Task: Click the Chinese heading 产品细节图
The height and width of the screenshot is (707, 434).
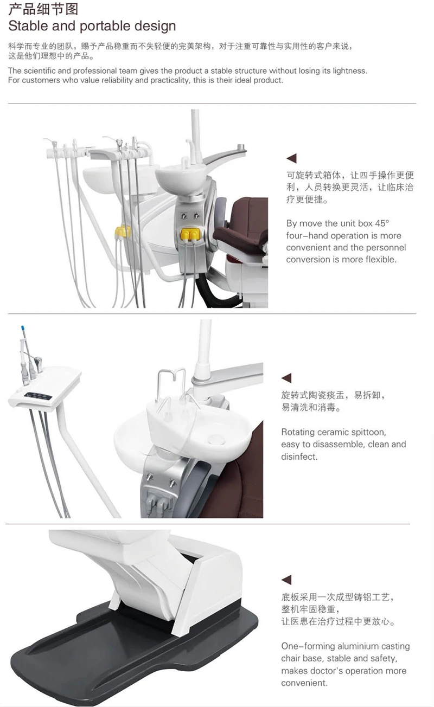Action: (43, 9)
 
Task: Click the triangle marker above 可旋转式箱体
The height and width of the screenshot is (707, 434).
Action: (291, 158)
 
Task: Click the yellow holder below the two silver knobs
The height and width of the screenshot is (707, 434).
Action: (190, 234)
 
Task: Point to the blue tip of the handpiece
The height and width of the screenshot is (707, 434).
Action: (23, 329)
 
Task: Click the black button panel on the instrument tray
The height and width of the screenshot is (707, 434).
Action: (39, 395)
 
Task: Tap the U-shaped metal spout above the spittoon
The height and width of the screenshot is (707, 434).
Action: (171, 385)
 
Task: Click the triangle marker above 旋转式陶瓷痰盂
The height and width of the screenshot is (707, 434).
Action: (286, 378)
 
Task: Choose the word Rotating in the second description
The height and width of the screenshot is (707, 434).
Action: (299, 432)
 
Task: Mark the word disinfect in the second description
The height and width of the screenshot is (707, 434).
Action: (299, 457)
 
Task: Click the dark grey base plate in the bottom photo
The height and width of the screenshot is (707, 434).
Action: (108, 651)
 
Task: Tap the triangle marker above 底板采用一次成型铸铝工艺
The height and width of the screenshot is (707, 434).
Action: (286, 580)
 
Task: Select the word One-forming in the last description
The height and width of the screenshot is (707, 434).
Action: (308, 646)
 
